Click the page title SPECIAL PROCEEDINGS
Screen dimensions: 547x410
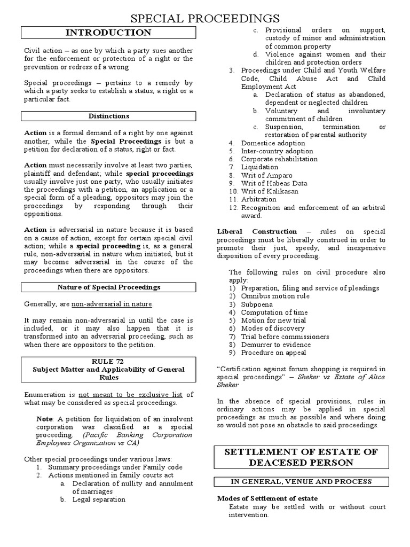(x=205, y=19)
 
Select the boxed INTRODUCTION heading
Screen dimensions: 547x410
(x=108, y=33)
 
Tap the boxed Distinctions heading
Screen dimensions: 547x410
(x=108, y=116)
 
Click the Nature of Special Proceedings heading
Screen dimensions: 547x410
(x=108, y=287)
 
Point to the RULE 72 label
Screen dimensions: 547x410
(x=108, y=362)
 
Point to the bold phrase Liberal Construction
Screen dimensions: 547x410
(x=257, y=231)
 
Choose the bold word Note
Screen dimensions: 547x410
(x=45, y=418)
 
